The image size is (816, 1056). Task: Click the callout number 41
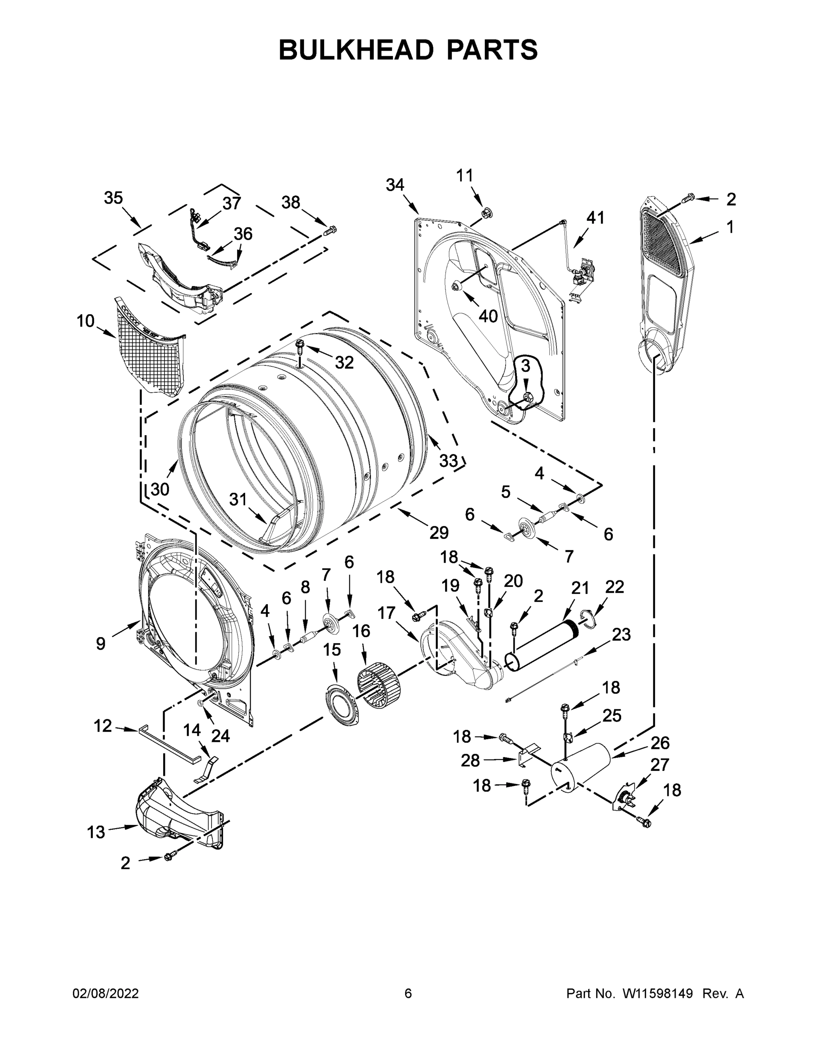pos(595,218)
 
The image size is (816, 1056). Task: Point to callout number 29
pos(439,532)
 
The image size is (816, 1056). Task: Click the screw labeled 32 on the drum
pos(300,346)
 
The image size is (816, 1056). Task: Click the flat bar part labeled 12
pos(169,743)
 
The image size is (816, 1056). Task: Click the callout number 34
pos(395,185)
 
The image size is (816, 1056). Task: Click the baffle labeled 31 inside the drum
pos(275,526)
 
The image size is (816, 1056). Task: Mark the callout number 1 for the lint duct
pos(730,226)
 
